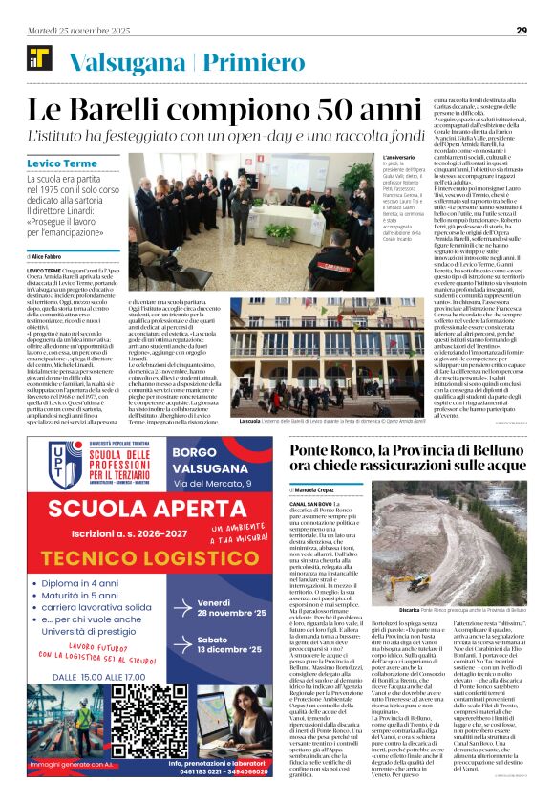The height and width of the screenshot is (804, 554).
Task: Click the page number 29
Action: click(522, 31)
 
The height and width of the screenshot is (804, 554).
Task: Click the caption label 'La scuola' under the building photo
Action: click(250, 421)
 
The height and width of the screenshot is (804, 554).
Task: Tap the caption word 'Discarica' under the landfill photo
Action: click(410, 608)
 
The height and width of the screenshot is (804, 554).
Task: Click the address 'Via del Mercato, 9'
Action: click(226, 483)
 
